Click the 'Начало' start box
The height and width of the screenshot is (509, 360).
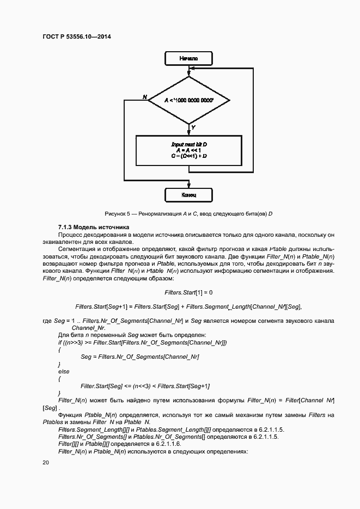188,58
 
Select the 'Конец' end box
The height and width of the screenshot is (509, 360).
188,194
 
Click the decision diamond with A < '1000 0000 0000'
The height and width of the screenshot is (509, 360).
188,101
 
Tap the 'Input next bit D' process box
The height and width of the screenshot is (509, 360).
188,150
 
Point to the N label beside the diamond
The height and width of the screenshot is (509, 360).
145,97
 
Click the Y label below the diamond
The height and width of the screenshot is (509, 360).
193,127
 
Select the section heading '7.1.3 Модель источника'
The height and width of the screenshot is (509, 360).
93,226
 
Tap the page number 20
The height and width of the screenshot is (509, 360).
46,463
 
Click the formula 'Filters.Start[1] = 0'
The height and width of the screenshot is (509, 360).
188,292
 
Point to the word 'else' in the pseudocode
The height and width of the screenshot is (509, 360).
64,371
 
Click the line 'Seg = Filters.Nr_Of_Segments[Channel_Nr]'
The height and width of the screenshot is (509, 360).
139,357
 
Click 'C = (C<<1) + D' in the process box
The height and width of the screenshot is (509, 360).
188,156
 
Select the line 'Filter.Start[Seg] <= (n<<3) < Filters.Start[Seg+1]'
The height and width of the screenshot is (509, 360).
145,386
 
